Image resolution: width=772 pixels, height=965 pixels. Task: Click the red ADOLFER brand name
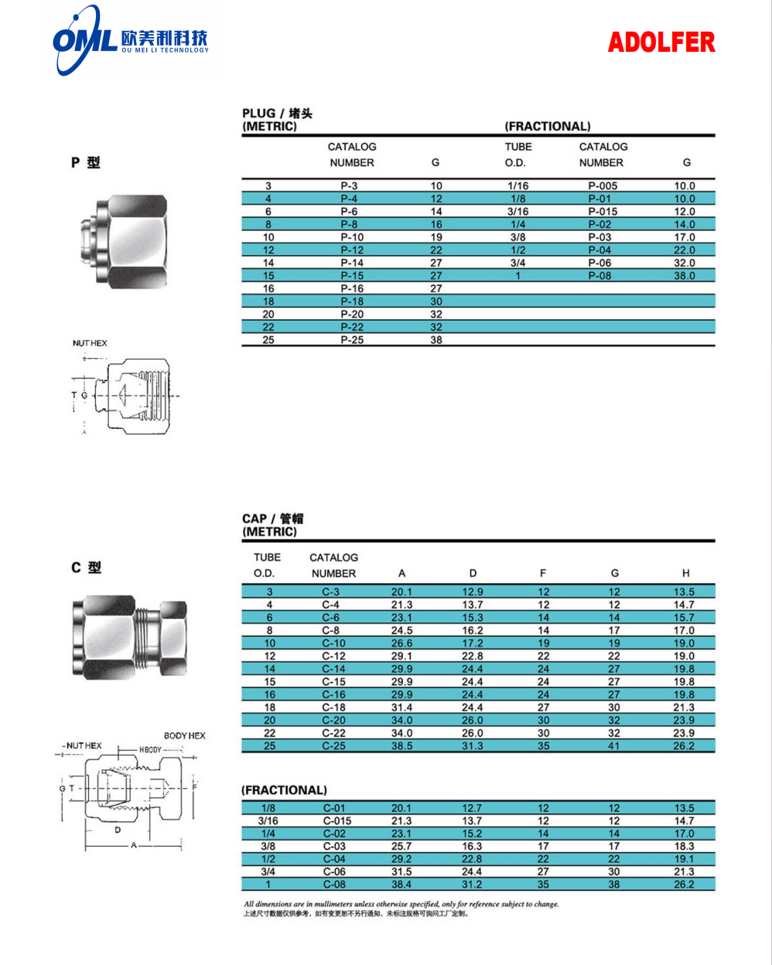point(661,42)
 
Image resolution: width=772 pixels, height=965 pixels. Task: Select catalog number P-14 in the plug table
point(352,263)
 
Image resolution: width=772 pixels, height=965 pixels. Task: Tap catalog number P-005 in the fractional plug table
point(603,186)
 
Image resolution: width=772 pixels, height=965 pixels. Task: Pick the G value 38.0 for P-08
point(684,275)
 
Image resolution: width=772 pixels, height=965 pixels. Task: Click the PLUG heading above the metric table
point(277,113)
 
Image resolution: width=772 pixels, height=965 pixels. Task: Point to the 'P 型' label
point(86,162)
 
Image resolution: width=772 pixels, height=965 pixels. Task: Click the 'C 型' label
point(86,568)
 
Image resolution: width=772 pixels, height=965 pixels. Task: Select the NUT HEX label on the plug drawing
point(90,343)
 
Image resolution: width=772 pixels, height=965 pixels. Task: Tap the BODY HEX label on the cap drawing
point(185,735)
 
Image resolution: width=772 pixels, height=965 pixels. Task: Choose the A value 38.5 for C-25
point(401,746)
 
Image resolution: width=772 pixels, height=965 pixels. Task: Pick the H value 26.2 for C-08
point(684,885)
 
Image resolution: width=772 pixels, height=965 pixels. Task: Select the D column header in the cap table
point(473,573)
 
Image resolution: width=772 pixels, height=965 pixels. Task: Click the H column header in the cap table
point(685,573)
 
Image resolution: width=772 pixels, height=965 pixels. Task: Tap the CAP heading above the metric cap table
point(272,519)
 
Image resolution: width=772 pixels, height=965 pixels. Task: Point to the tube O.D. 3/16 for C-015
point(268,820)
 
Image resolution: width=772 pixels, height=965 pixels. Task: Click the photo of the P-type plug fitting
point(124,242)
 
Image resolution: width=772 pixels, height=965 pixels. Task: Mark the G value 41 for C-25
point(613,746)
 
